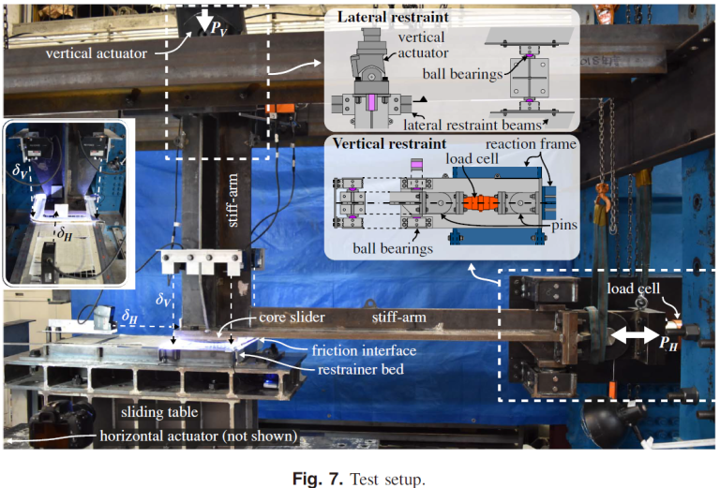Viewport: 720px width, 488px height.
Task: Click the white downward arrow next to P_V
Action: coord(202,21)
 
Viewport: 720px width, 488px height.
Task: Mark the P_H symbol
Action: coord(668,344)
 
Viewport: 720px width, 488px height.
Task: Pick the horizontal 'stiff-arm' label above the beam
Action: coord(397,318)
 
